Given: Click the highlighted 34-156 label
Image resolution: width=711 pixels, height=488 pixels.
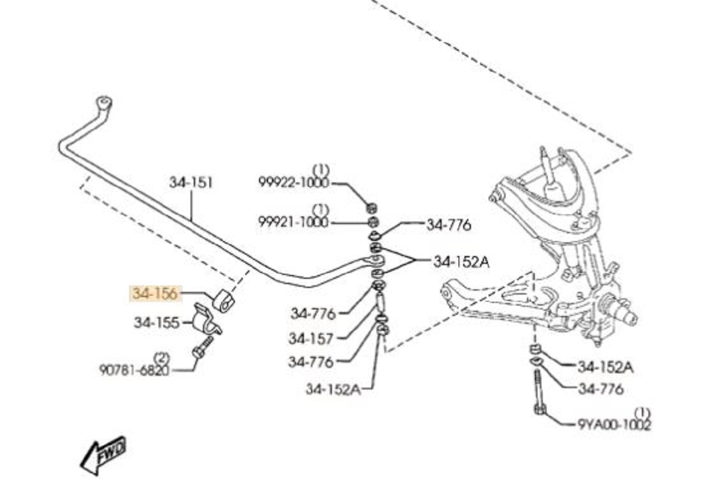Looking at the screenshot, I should [155, 294].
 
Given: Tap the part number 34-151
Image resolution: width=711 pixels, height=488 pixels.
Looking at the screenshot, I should [191, 182].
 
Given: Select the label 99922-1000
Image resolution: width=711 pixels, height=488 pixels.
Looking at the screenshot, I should [294, 183].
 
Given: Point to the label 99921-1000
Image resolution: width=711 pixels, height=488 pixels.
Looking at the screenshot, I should [294, 222].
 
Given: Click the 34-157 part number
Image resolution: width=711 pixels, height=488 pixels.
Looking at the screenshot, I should [311, 339].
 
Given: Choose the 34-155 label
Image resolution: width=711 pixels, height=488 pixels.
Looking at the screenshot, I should [157, 322].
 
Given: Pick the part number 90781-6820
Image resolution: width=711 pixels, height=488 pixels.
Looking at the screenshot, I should [134, 370].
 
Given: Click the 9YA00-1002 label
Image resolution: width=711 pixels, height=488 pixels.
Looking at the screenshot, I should [614, 424].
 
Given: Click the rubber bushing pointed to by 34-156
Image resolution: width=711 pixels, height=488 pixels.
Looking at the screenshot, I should [223, 300].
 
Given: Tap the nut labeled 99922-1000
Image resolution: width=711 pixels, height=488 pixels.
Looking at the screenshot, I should [370, 208].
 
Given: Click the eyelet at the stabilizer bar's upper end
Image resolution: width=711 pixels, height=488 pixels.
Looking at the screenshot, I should [104, 102].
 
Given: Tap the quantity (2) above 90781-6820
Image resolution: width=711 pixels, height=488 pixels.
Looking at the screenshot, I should [161, 358].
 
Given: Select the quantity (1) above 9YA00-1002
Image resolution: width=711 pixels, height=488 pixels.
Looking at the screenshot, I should [643, 412].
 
